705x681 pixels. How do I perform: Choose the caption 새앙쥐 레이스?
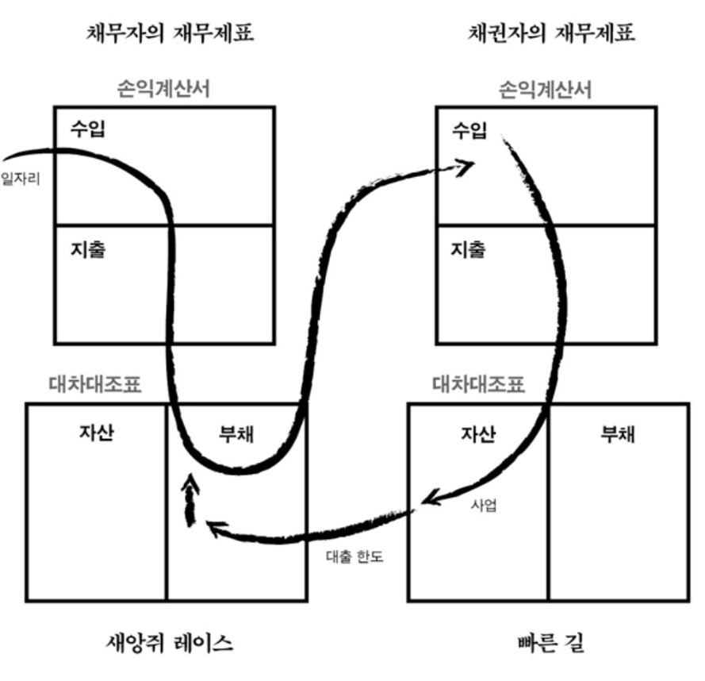click(169, 641)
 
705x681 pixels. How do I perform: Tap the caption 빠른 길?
click(547, 641)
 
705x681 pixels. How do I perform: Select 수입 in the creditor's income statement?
click(469, 130)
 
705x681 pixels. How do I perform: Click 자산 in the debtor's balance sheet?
click(97, 433)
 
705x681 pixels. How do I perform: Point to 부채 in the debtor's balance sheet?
click(236, 433)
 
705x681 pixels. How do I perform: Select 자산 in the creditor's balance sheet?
click(478, 433)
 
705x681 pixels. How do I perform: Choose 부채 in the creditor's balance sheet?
click(618, 433)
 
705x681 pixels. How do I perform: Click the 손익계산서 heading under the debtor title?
click(163, 89)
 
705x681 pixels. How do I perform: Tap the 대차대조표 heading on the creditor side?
click(478, 386)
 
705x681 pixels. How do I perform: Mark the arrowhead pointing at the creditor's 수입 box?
click(466, 166)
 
